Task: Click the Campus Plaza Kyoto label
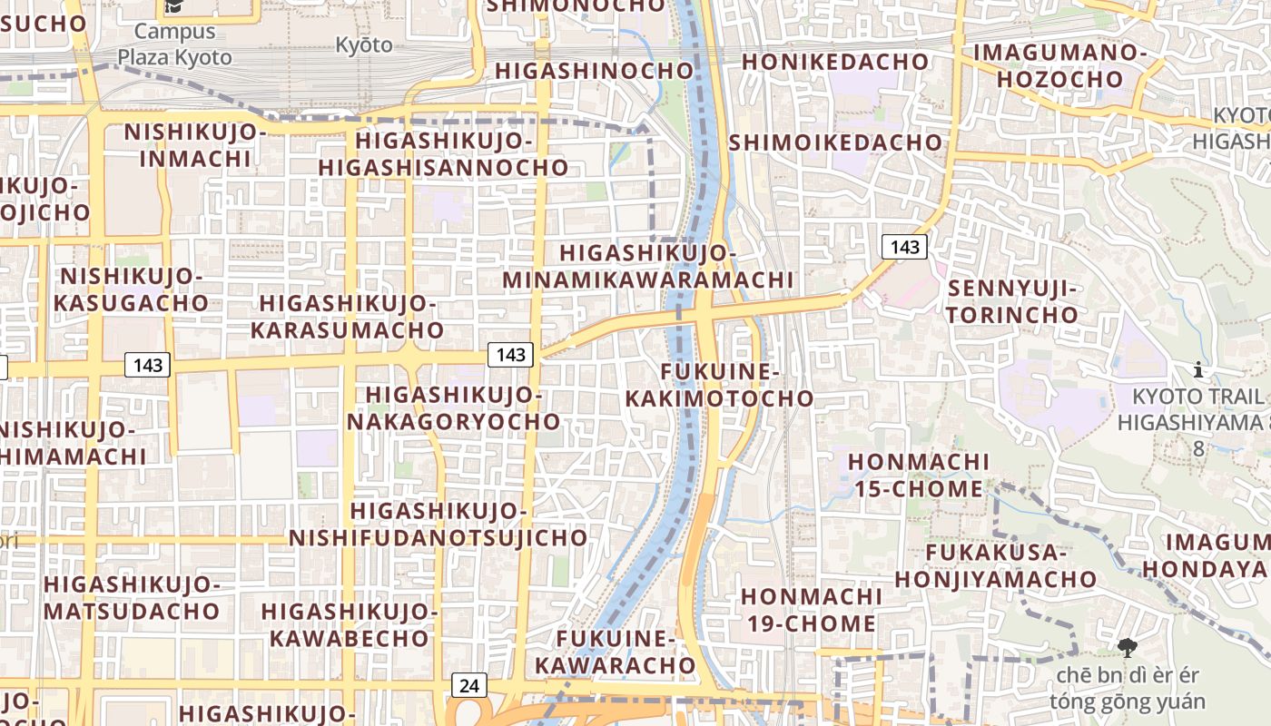[x=174, y=44]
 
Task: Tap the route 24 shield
[x=468, y=685]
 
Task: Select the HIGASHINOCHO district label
[x=594, y=71]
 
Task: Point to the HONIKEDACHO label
[x=835, y=62]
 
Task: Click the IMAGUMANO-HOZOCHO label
[x=1060, y=65]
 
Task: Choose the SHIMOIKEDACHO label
[x=835, y=142]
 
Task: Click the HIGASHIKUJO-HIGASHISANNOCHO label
[x=443, y=154]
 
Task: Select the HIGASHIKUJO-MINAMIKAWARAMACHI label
[x=648, y=267]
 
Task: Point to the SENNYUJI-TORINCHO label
[x=1013, y=302]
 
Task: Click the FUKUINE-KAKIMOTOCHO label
[x=720, y=385]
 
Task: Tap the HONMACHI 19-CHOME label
[x=810, y=610]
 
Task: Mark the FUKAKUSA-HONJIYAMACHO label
[x=996, y=565]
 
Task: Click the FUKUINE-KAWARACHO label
[x=616, y=652]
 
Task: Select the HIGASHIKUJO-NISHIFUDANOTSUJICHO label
[x=438, y=525]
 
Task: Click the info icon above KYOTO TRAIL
[x=1198, y=369]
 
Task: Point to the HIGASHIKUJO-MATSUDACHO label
[x=132, y=597]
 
